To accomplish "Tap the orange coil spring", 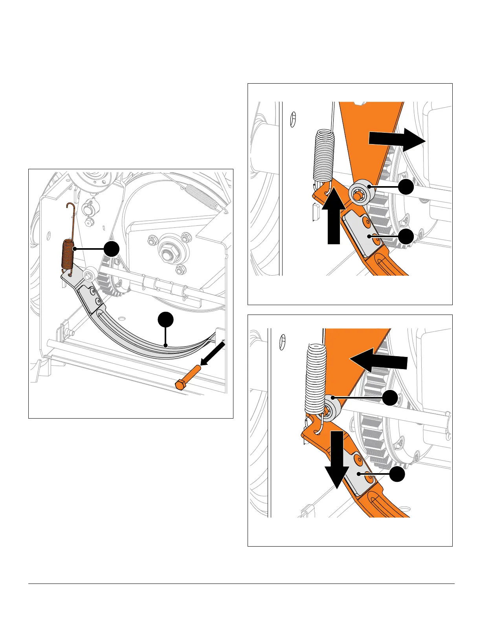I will pos(68,255).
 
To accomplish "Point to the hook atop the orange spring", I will pos(70,207).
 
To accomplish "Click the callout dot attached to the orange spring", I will pos(112,249).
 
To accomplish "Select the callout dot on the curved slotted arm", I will pos(165,320).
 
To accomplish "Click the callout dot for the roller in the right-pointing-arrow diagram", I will pos(406,187).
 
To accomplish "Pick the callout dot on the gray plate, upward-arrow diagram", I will pos(406,237).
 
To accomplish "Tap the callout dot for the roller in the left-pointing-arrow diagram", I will pos(390,398).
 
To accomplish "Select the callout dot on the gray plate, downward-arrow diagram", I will pos(397,474).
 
